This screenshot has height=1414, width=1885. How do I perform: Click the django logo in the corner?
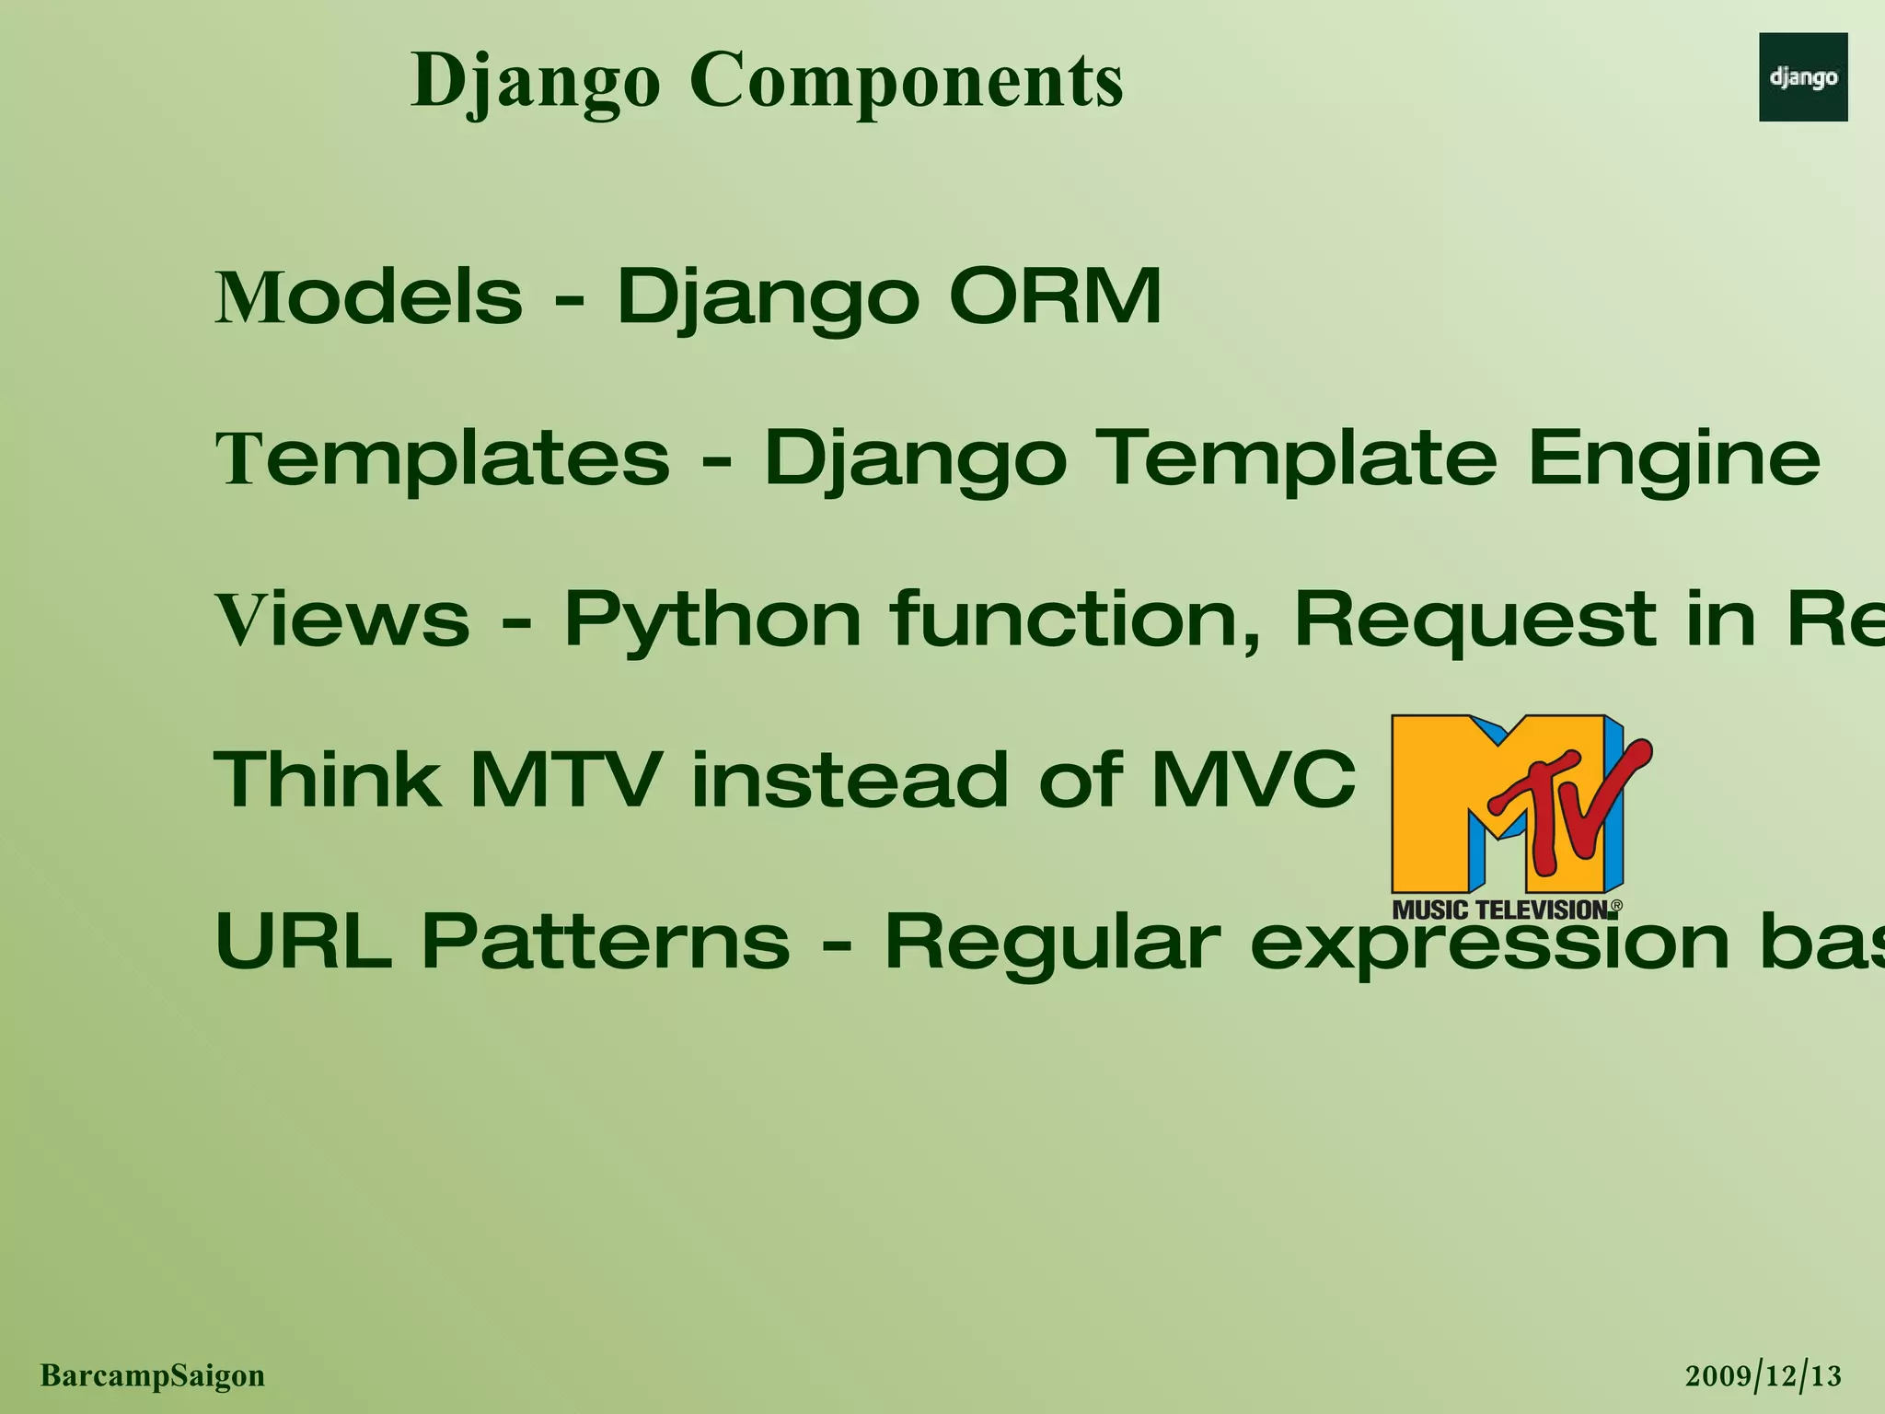point(1802,77)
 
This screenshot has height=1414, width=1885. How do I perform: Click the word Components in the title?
point(906,81)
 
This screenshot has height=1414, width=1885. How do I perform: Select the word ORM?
point(1055,297)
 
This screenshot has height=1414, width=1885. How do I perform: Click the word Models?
point(368,297)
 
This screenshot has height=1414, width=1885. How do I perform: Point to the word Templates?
point(442,458)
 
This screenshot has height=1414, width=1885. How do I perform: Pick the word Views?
point(342,619)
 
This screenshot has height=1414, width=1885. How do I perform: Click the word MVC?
point(1253,780)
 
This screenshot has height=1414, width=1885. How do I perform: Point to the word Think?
point(327,780)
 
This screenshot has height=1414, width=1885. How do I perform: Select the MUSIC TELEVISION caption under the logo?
point(1500,910)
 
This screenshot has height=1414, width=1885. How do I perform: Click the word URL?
point(303,941)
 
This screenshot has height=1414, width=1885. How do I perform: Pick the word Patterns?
point(606,941)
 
